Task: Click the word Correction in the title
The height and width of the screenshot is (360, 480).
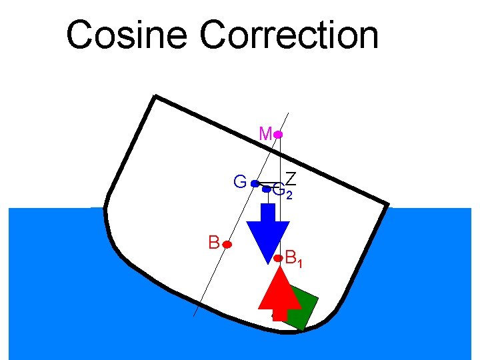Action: (289, 35)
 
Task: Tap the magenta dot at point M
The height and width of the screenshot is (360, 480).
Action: (278, 135)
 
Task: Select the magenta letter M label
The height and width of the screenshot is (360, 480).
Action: (265, 134)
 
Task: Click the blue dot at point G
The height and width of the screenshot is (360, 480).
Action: (255, 183)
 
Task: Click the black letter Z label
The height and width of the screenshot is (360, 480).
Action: (291, 178)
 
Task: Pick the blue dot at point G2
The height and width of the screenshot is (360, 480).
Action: (266, 190)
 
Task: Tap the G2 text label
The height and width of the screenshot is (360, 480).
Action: (282, 191)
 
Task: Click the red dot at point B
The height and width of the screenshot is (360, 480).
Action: (227, 245)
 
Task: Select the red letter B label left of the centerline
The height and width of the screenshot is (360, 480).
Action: (213, 241)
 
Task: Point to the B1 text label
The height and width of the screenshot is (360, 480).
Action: (293, 257)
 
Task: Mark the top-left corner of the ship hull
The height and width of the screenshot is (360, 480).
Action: (155, 97)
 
